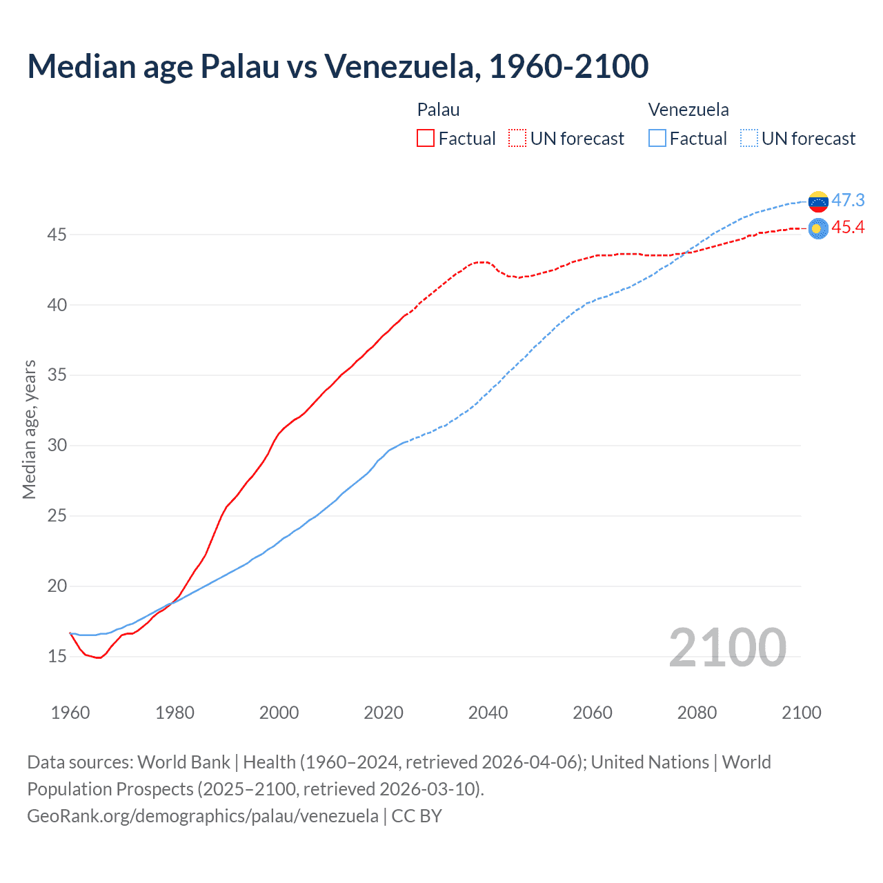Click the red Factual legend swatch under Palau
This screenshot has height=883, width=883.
(x=426, y=138)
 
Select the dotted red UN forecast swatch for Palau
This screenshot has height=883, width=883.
(x=517, y=138)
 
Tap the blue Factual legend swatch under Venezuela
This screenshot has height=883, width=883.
(x=657, y=138)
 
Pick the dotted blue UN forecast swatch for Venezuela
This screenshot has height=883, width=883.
(x=749, y=138)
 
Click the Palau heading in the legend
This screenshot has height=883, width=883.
(x=438, y=110)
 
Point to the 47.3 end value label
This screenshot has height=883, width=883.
(x=848, y=200)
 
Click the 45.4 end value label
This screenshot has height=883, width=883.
(x=848, y=228)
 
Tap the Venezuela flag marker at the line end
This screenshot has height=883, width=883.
(x=818, y=201)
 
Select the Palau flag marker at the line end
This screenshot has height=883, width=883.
(x=818, y=228)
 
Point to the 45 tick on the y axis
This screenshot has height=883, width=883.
(x=57, y=235)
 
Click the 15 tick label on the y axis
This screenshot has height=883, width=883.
(x=57, y=656)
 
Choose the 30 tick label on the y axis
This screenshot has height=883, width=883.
(x=57, y=446)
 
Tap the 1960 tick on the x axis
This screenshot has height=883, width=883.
(x=70, y=713)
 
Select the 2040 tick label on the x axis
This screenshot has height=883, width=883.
(x=488, y=713)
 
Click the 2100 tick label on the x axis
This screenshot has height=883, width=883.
(x=802, y=713)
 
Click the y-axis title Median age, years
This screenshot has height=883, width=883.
(x=29, y=429)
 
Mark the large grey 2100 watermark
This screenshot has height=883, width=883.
(x=727, y=647)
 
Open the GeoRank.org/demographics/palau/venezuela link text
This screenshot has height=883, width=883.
(x=203, y=815)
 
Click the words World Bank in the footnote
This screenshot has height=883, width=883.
(x=183, y=762)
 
